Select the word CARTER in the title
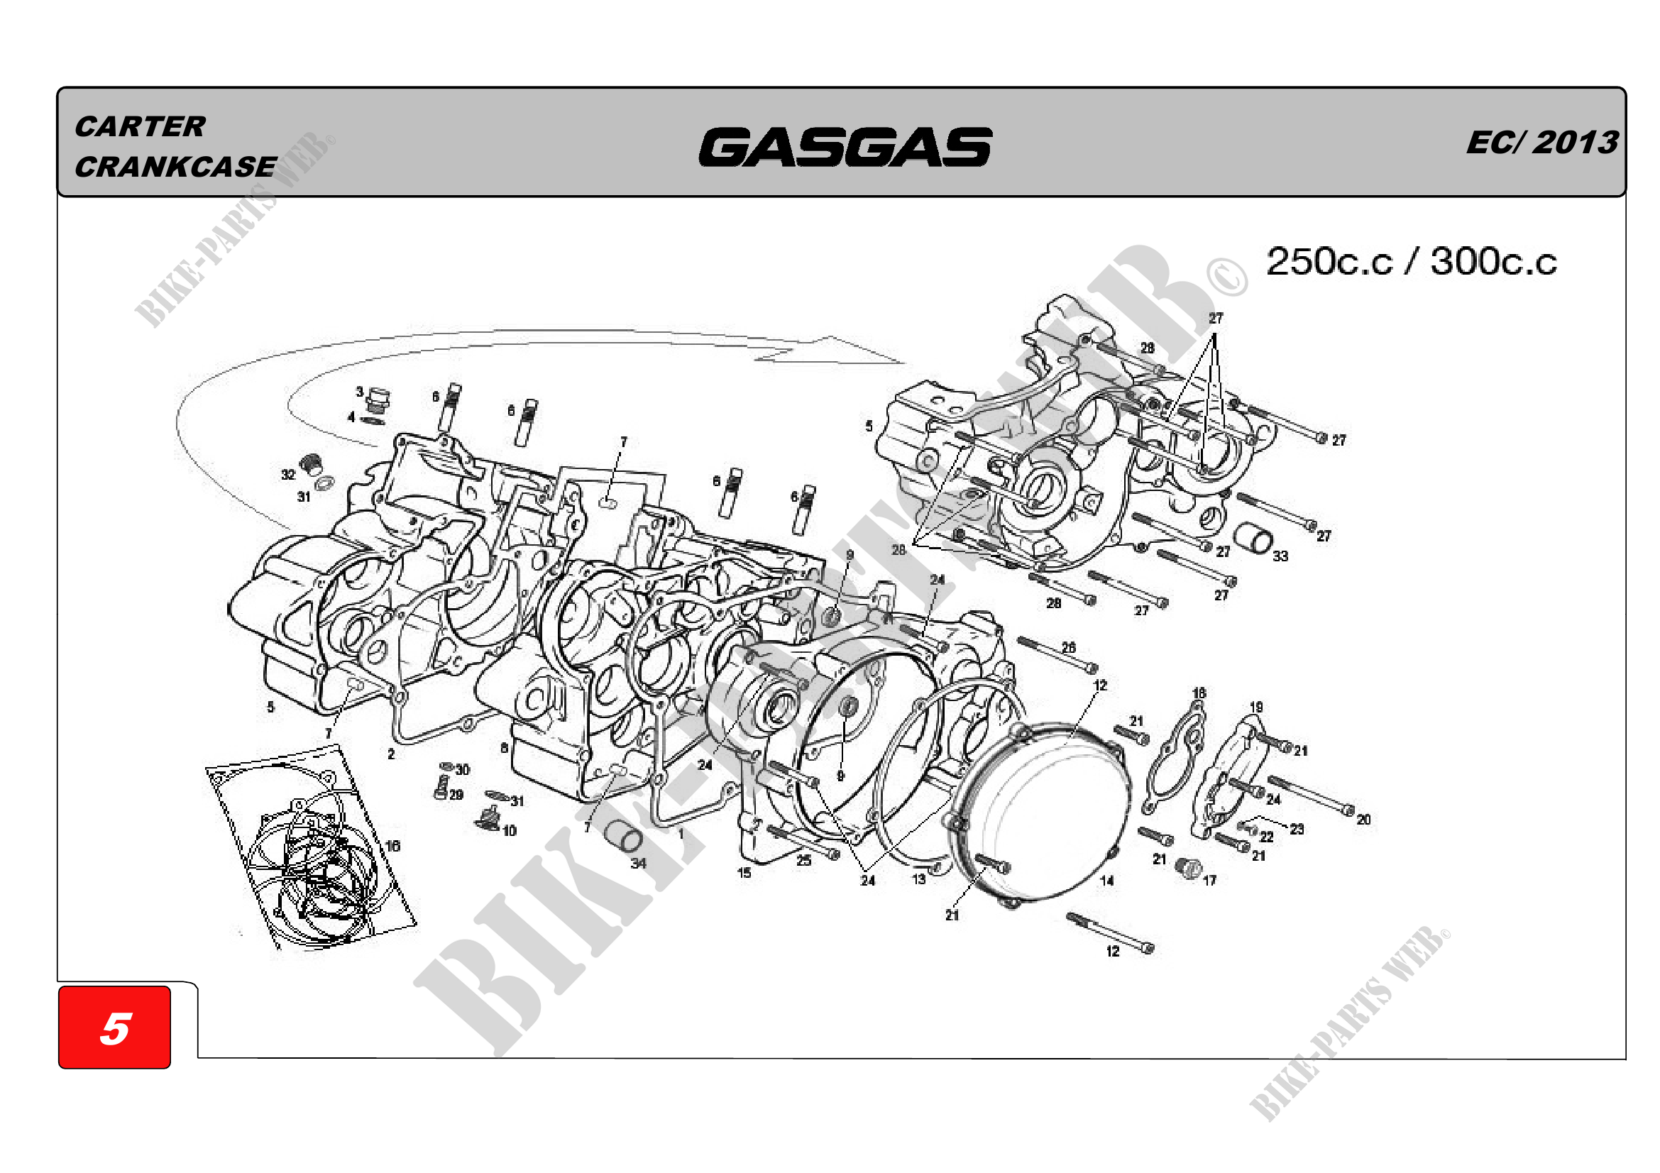(x=141, y=126)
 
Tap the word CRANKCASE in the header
(x=176, y=167)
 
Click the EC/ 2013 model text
(x=1541, y=143)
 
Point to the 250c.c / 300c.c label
(x=1411, y=262)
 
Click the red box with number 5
(x=115, y=1027)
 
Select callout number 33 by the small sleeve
(x=1280, y=556)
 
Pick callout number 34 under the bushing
(x=639, y=863)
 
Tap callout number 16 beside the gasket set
(x=392, y=846)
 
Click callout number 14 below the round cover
(x=1107, y=881)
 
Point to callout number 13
(x=918, y=879)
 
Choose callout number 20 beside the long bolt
(x=1363, y=820)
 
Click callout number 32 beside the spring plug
(x=288, y=475)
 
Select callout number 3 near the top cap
(x=359, y=392)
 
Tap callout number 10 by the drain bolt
(x=510, y=831)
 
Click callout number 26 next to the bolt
(x=1069, y=648)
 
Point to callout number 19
(x=1256, y=707)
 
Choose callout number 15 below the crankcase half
(x=744, y=872)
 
